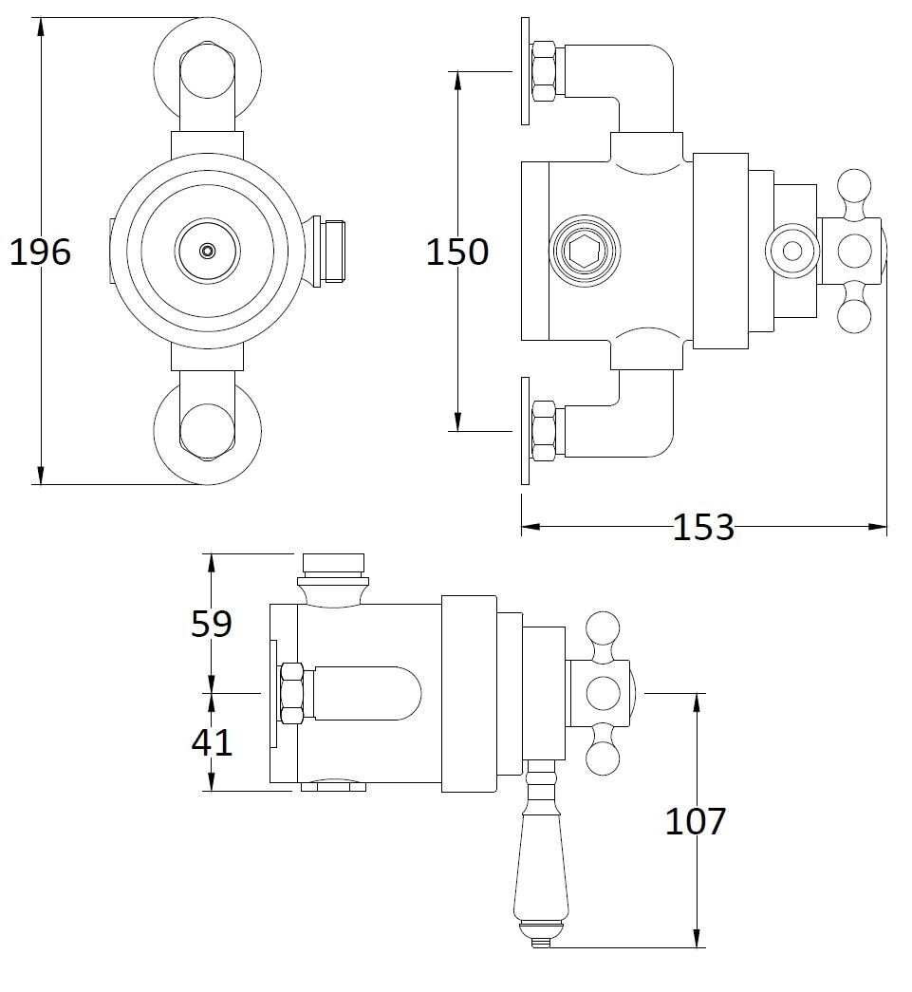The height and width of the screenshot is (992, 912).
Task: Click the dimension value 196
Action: (x=41, y=252)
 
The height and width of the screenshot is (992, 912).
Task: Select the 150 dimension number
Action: (x=457, y=252)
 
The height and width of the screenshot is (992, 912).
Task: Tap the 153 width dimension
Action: (x=703, y=526)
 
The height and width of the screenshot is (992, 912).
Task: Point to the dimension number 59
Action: (x=212, y=623)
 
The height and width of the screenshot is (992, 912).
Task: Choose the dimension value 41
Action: (x=212, y=741)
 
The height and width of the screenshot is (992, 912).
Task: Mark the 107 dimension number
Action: (x=695, y=821)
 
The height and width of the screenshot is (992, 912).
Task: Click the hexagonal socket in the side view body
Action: (x=584, y=252)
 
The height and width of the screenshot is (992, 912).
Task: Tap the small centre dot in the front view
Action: (x=207, y=252)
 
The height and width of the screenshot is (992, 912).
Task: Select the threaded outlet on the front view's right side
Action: (x=329, y=252)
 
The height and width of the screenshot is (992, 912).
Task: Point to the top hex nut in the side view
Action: (x=545, y=71)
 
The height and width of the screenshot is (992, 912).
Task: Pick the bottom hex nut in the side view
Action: (x=545, y=431)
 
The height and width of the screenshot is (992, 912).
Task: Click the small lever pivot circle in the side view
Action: (x=791, y=252)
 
